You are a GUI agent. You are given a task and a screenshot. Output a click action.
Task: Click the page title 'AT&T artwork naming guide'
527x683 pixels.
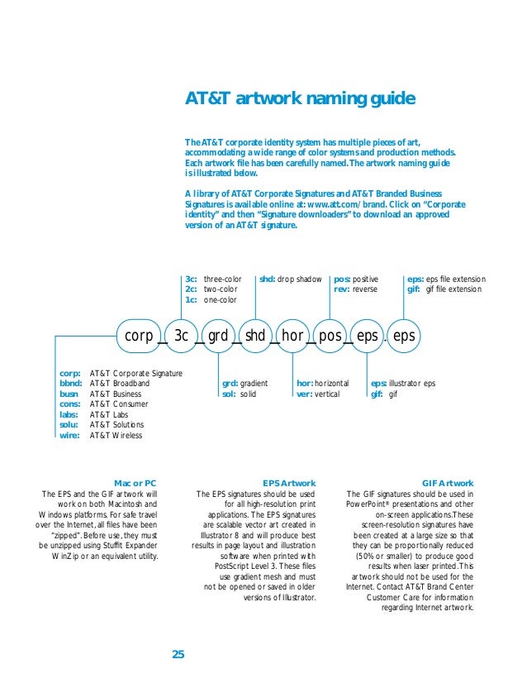(x=299, y=101)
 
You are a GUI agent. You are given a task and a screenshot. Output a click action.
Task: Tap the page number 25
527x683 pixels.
(x=178, y=655)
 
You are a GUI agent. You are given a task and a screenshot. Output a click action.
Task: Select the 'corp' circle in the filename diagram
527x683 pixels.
(x=139, y=336)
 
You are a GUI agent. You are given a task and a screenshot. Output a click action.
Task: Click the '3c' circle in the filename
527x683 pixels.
(x=182, y=336)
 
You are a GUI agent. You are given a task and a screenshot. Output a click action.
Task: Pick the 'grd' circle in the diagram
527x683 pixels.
(x=217, y=336)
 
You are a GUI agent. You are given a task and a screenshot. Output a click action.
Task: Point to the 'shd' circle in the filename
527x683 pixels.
(x=255, y=336)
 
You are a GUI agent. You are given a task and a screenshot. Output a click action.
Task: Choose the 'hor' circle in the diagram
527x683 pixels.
(x=292, y=336)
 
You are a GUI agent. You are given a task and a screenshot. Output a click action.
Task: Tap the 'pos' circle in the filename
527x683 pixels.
(x=330, y=336)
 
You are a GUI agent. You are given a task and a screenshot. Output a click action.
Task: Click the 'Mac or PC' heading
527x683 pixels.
(x=135, y=483)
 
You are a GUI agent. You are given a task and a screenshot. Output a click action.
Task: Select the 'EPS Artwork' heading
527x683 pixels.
(x=288, y=483)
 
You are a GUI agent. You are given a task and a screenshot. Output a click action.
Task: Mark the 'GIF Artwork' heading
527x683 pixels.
(x=447, y=483)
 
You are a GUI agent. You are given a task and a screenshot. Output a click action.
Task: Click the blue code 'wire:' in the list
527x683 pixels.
(x=69, y=435)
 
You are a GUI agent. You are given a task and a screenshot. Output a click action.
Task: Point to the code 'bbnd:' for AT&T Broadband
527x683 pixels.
(x=70, y=384)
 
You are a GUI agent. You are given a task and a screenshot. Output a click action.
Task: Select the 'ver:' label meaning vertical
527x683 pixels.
(x=304, y=394)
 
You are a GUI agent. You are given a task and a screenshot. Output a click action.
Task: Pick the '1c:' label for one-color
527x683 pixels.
(x=191, y=299)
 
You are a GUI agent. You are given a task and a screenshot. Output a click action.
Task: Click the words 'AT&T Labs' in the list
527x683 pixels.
(x=109, y=415)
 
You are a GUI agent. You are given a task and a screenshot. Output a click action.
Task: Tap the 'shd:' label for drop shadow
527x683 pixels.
(x=267, y=279)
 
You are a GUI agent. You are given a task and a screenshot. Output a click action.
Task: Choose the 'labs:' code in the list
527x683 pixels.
(x=69, y=415)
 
